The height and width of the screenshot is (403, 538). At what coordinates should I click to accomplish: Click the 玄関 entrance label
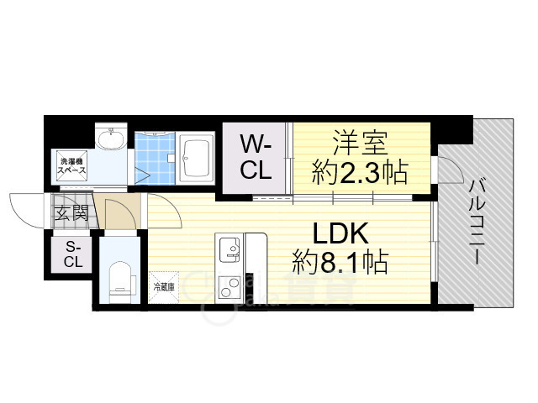(x=71, y=212)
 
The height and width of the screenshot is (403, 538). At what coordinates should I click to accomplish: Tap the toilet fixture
(x=120, y=276)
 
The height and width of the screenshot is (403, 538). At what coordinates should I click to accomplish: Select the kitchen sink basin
(x=229, y=249)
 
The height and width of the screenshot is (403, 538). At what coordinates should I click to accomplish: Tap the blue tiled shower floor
(x=156, y=160)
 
